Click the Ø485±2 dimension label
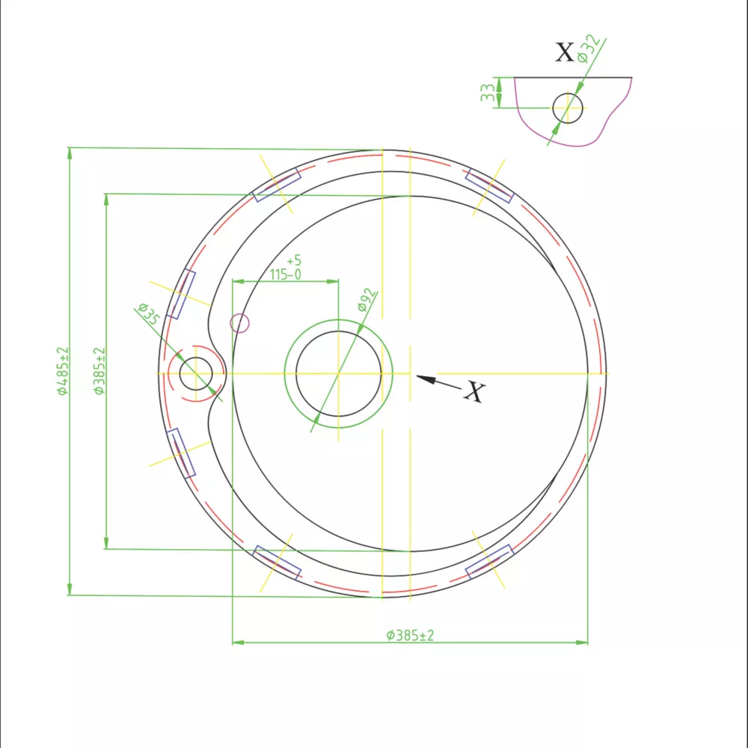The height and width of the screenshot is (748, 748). point(63,371)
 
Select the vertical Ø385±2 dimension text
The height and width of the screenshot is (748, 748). point(99,371)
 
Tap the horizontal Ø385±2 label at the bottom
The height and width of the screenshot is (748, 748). point(410,635)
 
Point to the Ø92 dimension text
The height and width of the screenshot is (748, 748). point(367,300)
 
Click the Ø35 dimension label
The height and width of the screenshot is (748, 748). point(149,314)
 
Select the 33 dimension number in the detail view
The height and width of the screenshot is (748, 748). point(487,93)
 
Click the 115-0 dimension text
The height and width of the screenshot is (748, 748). point(285,275)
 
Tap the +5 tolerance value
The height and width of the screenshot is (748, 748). point(294,260)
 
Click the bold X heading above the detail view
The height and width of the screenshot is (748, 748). point(565,52)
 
